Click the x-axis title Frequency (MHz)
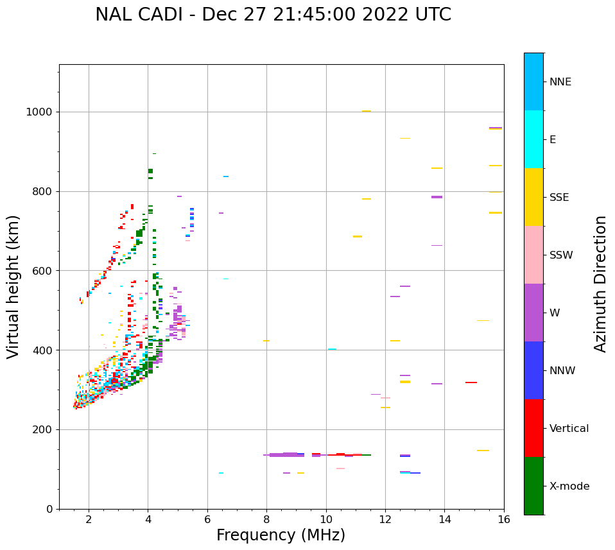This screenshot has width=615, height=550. click(281, 535)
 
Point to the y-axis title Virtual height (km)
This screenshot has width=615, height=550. click(13, 286)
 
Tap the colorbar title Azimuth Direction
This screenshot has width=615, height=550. click(600, 284)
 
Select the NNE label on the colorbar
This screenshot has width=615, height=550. click(560, 82)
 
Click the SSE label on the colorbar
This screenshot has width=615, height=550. click(559, 198)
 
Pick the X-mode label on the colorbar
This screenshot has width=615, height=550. click(569, 486)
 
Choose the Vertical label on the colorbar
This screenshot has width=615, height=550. click(569, 429)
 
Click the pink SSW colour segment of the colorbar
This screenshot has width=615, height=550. click(533, 255)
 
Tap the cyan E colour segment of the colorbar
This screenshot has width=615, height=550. click(533, 139)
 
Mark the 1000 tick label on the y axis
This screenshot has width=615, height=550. click(39, 112)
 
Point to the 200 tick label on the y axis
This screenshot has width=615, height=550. click(42, 429)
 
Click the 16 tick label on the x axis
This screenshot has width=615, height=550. click(504, 519)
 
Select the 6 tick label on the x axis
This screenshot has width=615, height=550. click(207, 519)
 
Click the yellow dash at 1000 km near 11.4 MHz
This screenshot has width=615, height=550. click(367, 111)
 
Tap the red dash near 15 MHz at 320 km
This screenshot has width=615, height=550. click(471, 382)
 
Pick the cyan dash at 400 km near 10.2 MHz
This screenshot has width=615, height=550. click(332, 349)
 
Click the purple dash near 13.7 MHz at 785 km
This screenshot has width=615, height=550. click(437, 197)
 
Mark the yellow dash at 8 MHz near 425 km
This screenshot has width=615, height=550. click(266, 341)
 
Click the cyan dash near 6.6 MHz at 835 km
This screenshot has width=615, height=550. click(226, 176)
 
